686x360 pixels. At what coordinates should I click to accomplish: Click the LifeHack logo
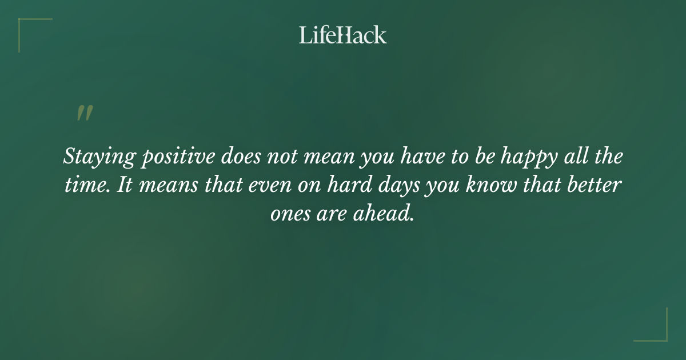point(343,35)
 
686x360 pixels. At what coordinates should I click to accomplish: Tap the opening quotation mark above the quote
point(84,113)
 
